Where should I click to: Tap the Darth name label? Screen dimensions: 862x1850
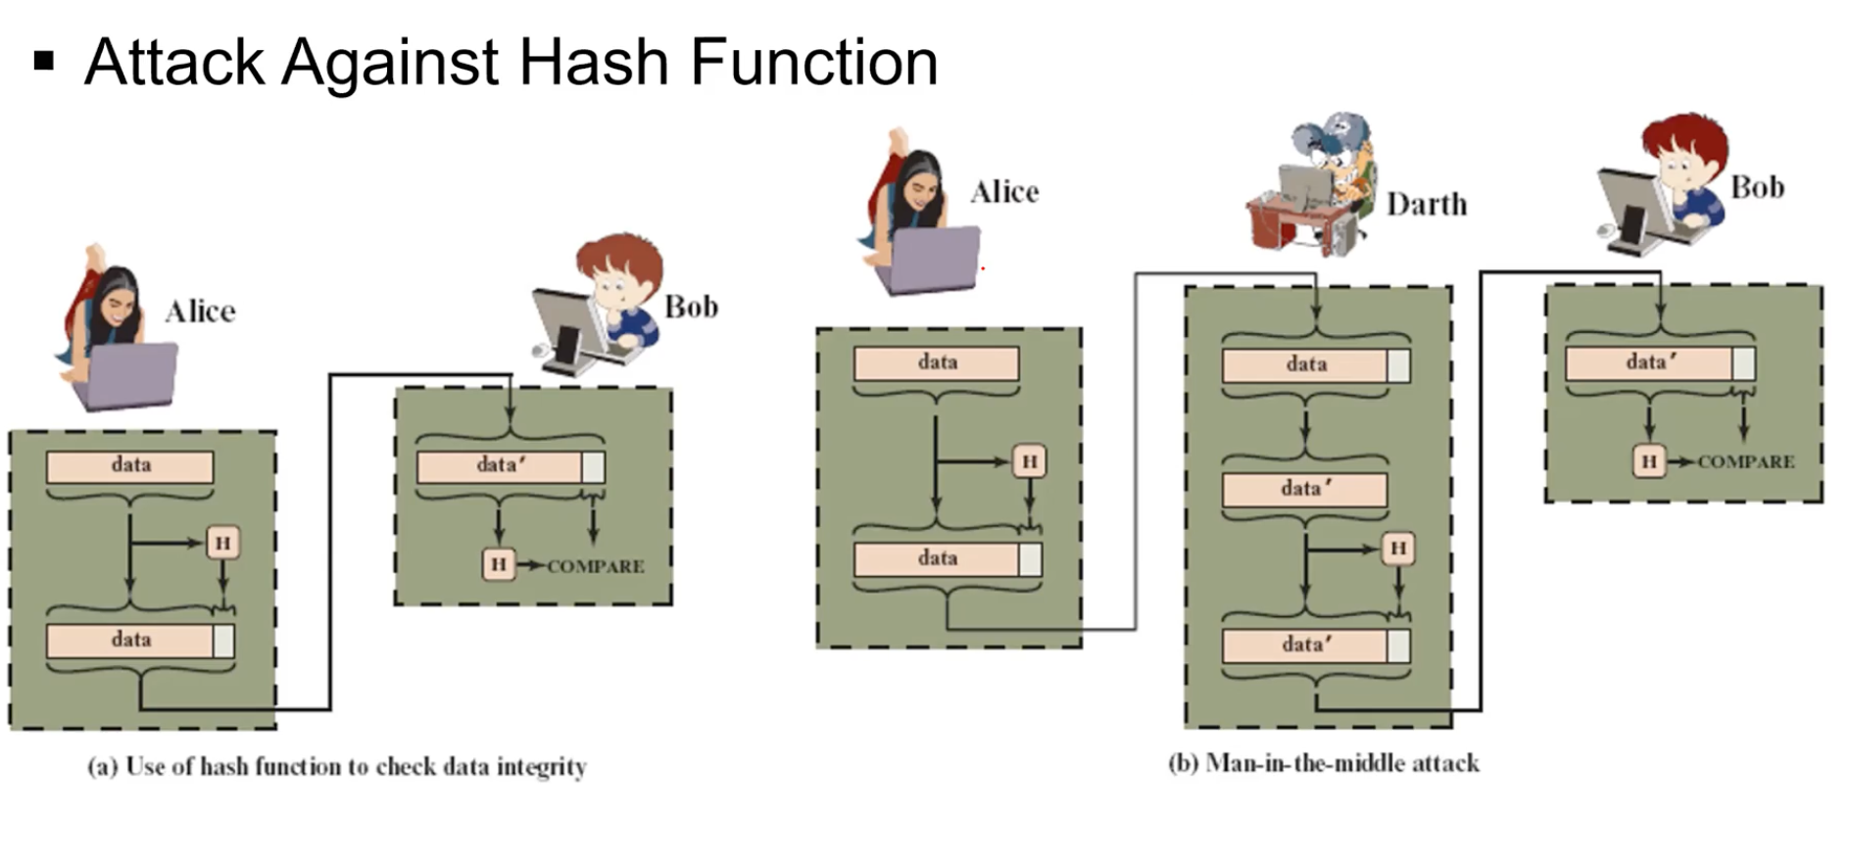point(1427,204)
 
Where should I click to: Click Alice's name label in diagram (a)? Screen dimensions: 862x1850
point(200,311)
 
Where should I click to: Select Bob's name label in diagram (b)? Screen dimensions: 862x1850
point(1757,187)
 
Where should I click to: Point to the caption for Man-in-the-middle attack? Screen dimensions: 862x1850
point(1323,763)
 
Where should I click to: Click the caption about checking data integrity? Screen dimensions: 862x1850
point(337,766)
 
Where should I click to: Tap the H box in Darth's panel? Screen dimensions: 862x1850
point(1398,549)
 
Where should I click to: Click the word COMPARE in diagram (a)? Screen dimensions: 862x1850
point(596,566)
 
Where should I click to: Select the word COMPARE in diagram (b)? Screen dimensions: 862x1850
point(1746,461)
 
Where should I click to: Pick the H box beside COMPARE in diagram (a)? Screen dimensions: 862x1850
point(499,564)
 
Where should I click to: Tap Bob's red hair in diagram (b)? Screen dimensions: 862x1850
point(1685,137)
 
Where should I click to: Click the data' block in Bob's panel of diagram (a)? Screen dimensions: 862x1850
point(500,466)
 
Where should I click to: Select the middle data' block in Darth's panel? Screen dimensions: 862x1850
point(1305,489)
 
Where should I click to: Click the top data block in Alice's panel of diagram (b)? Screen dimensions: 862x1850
point(937,363)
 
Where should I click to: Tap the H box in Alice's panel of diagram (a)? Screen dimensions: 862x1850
point(223,543)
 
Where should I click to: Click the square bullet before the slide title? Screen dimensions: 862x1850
point(43,62)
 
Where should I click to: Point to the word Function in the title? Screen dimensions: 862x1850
point(813,63)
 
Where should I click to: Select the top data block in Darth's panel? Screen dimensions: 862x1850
point(1305,365)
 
